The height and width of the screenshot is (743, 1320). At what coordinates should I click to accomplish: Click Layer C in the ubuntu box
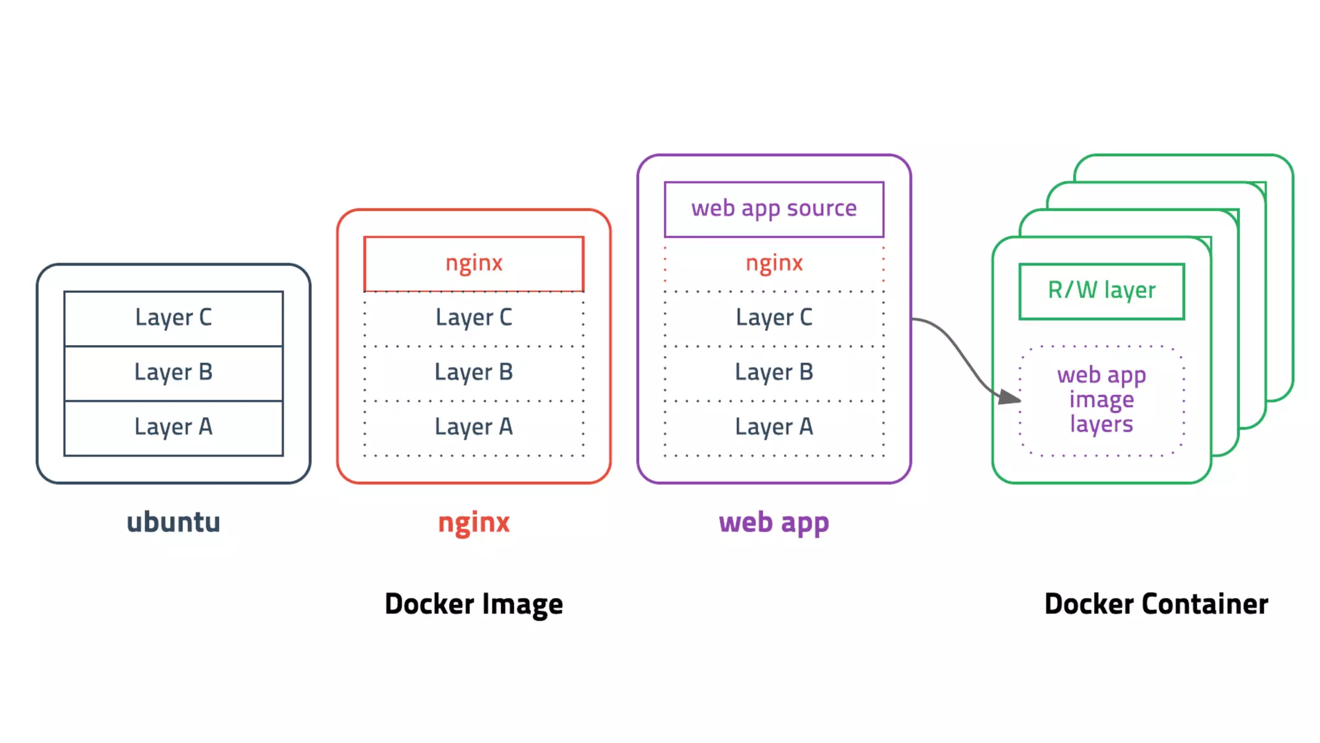pyautogui.click(x=173, y=318)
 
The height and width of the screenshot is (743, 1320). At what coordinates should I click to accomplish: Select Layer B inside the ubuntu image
pyautogui.click(x=173, y=373)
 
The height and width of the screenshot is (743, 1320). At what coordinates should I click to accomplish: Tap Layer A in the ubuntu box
pyautogui.click(x=173, y=428)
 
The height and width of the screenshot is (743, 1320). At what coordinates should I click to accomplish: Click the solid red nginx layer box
pyautogui.click(x=474, y=264)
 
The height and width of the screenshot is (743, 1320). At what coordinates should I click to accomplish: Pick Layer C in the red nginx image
pyautogui.click(x=474, y=318)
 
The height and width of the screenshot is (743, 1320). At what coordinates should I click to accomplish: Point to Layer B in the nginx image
pyautogui.click(x=474, y=373)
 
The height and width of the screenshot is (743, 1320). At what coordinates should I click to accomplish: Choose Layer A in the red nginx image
pyautogui.click(x=474, y=428)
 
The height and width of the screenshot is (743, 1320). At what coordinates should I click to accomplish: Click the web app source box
pyautogui.click(x=774, y=209)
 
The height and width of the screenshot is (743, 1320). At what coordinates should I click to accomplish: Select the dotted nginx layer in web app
pyautogui.click(x=774, y=264)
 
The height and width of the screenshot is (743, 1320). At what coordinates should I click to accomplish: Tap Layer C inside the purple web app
pyautogui.click(x=774, y=318)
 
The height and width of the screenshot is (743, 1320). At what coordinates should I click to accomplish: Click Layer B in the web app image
pyautogui.click(x=774, y=373)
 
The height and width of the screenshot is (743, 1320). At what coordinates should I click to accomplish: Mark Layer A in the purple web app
pyautogui.click(x=774, y=428)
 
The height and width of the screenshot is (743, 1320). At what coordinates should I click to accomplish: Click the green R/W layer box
pyautogui.click(x=1102, y=291)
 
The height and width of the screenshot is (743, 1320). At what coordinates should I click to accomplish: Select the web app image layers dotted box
pyautogui.click(x=1102, y=400)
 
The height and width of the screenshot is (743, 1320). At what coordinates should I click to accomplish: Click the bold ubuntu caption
pyautogui.click(x=173, y=522)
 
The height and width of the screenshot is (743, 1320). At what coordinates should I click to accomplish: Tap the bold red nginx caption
pyautogui.click(x=474, y=522)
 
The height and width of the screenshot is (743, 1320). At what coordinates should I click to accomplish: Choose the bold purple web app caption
pyautogui.click(x=774, y=522)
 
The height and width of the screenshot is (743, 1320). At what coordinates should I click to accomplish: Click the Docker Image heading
pyautogui.click(x=474, y=604)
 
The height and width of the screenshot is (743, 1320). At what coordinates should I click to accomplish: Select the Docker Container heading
pyautogui.click(x=1156, y=604)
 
